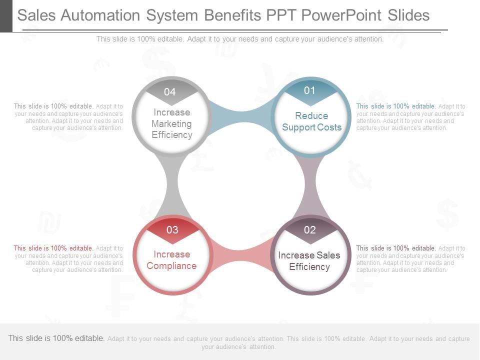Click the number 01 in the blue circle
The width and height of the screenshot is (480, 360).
point(310,90)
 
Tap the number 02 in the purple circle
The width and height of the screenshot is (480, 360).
point(310,230)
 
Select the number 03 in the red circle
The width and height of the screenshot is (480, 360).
point(172,230)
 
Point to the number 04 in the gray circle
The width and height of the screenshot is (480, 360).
point(170,92)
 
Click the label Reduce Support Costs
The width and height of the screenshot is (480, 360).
point(311,121)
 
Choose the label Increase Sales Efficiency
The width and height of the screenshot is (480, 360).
point(309,261)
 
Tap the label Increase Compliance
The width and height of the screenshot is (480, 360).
point(171,260)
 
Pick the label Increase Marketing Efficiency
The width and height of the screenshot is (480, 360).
point(171,123)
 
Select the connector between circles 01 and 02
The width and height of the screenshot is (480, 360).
point(310,185)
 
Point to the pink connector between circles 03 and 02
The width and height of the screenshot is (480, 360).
point(241,254)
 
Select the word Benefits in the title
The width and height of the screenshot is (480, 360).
point(232,15)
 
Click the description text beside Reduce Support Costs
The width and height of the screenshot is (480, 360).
point(410,117)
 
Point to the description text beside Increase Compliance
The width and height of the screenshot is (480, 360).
point(68,259)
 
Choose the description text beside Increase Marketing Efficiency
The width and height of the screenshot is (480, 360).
point(68,117)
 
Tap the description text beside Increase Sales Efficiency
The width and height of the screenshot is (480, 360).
point(410,259)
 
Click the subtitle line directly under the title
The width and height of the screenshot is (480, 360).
point(240,39)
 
